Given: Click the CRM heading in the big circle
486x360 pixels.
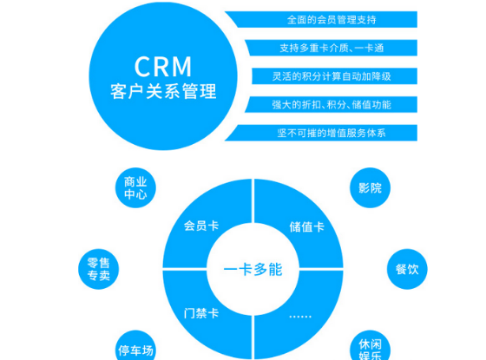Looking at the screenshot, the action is point(163,66).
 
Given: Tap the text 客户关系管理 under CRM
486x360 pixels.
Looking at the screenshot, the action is point(163,91).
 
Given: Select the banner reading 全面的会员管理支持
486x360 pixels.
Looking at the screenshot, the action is point(321,19).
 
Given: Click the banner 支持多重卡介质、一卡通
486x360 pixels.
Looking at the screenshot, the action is point(332,48).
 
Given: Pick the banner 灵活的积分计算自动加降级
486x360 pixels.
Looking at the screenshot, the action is point(335,76).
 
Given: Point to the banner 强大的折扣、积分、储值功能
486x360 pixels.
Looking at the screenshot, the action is point(331,105).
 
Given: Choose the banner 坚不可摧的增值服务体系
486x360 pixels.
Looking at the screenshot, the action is point(321,133).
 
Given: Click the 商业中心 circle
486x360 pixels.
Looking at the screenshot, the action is point(135,187).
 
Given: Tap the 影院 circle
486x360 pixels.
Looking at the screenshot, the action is point(370,187).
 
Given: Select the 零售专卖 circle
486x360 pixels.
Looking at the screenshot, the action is point(99,269).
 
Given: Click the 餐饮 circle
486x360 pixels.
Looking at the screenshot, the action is point(407,269).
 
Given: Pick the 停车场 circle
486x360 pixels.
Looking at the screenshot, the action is point(135,346).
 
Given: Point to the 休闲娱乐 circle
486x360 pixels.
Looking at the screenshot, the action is point(370,346).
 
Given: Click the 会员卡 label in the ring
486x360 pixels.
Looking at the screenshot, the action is point(201,226).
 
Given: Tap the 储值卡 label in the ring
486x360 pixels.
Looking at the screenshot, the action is point(307,226).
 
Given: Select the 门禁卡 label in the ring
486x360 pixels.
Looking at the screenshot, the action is point(201,313).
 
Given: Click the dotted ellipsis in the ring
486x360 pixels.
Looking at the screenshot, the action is point(300,317).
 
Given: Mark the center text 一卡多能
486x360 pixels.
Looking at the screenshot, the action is point(253,269).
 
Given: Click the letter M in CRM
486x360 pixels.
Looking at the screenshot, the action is point(181,66).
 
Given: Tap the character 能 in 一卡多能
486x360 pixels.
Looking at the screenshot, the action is point(276,269).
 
